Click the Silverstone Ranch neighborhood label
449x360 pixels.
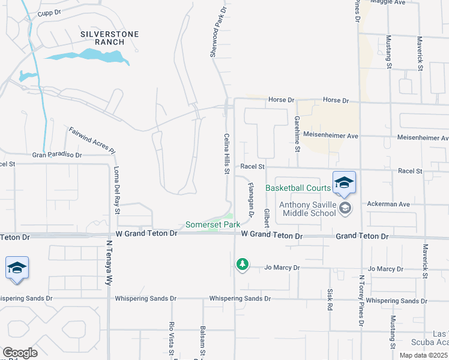point(109,38)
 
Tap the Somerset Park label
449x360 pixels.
point(212,224)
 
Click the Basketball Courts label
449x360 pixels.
point(298,188)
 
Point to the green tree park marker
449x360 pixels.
point(242,264)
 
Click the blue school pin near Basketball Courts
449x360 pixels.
point(344,182)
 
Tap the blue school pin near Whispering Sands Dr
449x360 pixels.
point(17,268)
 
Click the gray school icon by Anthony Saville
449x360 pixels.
point(345,208)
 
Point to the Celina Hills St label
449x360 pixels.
point(228,154)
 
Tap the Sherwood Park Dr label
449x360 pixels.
point(217,32)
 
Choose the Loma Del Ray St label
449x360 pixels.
point(116,190)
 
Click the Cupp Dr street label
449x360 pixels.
point(50,13)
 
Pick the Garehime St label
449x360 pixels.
point(297,133)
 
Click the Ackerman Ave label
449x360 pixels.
point(388,204)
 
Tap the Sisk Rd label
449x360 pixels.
point(330,299)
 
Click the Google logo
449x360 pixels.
point(20,353)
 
